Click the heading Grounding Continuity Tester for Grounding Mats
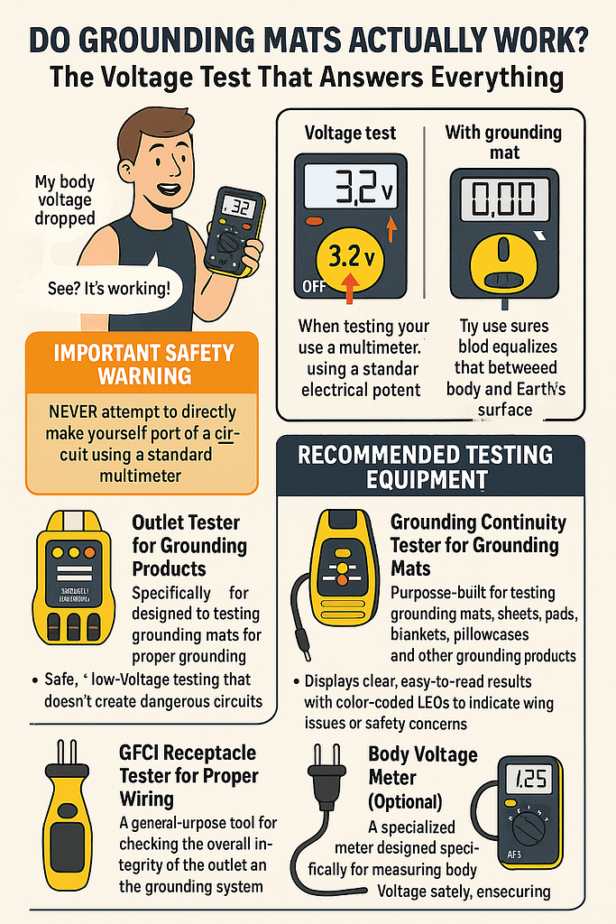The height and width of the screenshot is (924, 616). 478,545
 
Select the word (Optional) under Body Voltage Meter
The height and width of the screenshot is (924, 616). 405,801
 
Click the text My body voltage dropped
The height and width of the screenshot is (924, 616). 64,199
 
